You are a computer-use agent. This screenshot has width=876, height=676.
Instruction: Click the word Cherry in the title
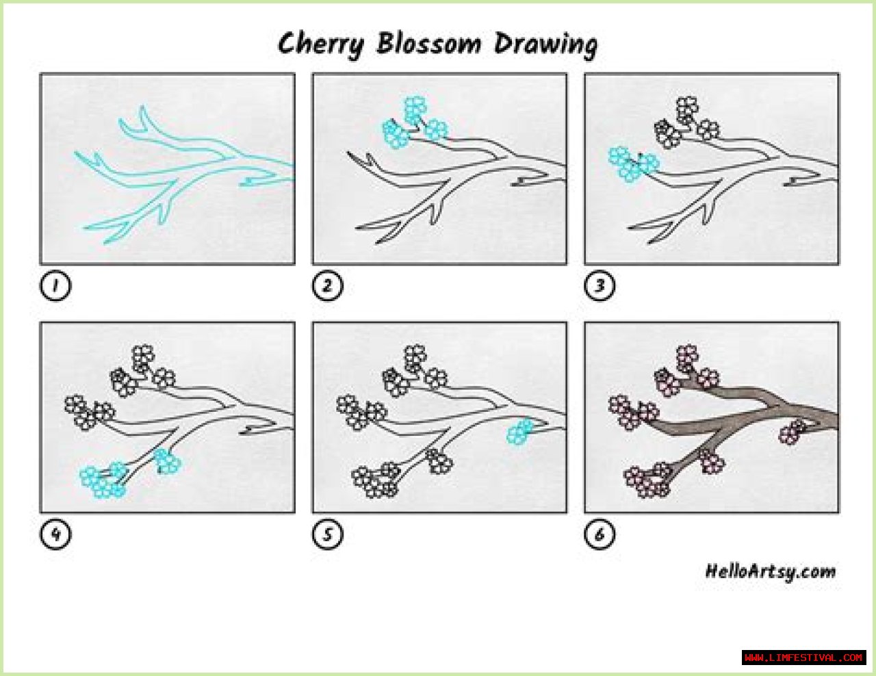pos(320,45)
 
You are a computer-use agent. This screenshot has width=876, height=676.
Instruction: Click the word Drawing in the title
pos(545,45)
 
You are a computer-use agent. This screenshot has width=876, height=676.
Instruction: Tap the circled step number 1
pos(55,285)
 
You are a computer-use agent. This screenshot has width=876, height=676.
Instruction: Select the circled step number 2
pos(327,285)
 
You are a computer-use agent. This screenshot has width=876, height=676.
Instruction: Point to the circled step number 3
pos(600,285)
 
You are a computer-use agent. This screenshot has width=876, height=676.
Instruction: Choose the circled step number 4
pos(55,534)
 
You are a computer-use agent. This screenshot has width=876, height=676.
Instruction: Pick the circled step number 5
pos(327,534)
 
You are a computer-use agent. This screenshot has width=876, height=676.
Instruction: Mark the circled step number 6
pos(600,534)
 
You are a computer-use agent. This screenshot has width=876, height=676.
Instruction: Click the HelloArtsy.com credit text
pos(771,572)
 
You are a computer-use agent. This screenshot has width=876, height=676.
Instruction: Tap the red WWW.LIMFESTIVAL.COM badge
pos(804,658)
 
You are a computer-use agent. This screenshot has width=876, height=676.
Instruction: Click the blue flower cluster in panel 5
pos(521,432)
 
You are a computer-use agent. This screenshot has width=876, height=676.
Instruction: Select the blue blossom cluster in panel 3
pos(634,164)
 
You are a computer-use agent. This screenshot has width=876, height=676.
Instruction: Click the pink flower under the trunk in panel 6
pos(792,432)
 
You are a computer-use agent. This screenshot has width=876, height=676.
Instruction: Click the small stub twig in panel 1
pos(258,182)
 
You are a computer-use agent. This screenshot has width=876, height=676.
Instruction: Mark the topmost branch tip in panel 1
pos(142,107)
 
